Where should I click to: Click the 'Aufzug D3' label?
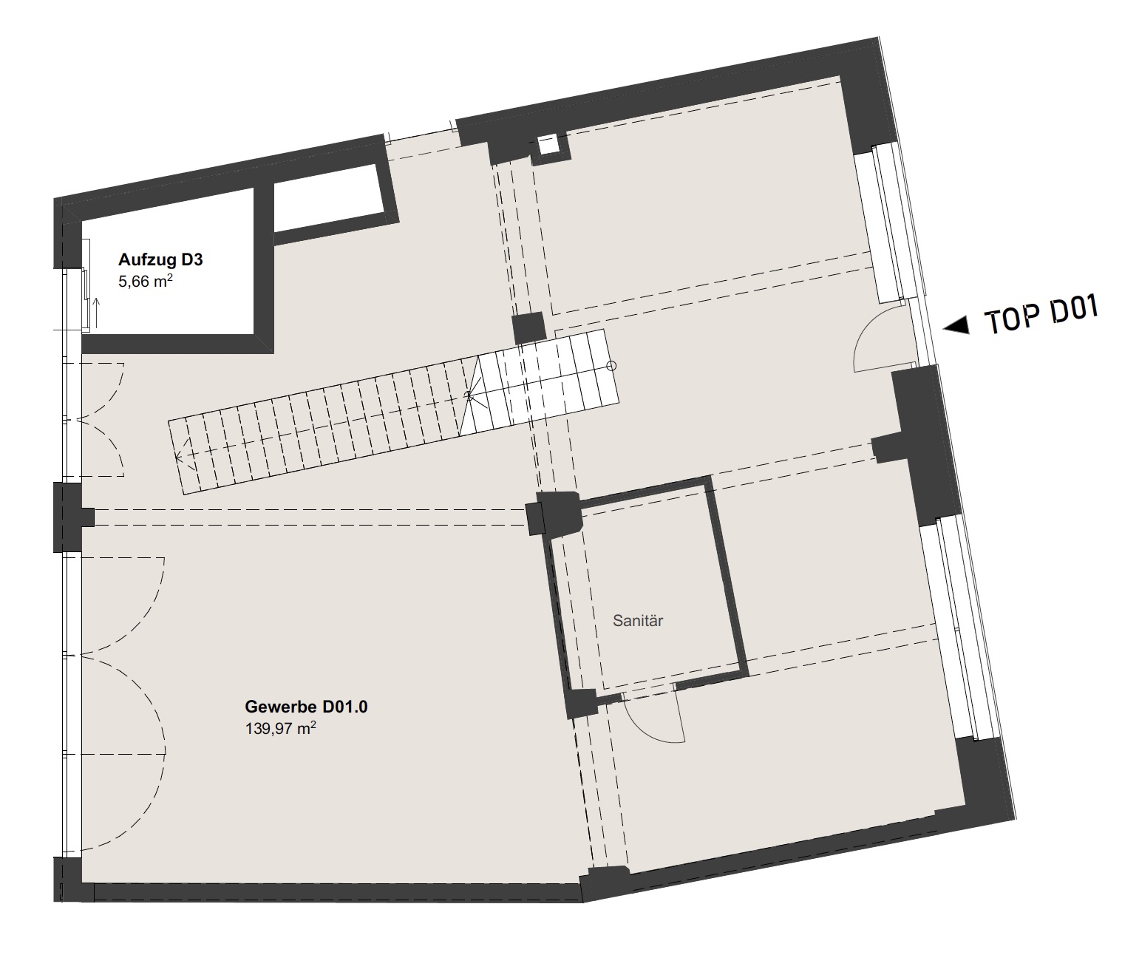click(160, 259)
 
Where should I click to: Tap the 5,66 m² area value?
click(146, 281)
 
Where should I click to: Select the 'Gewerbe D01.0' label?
click(306, 707)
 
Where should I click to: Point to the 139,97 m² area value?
click(281, 728)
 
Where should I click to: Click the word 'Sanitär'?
click(638, 621)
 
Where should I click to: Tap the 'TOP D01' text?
click(1041, 314)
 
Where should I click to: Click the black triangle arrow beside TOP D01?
click(956, 326)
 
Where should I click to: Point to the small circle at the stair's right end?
click(612, 365)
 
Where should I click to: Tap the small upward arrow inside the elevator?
click(97, 313)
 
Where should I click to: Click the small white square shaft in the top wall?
click(548, 146)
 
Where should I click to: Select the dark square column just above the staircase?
click(528, 328)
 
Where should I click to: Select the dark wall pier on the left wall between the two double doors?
click(70, 517)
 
